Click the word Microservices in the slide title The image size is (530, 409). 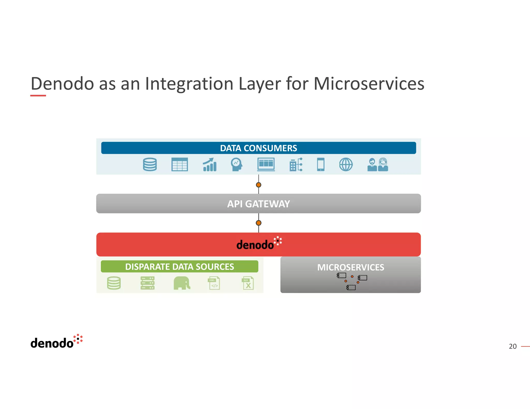(369, 84)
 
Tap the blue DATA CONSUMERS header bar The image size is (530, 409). (258, 148)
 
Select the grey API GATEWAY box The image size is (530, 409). (258, 204)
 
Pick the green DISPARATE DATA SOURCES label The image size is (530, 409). (179, 267)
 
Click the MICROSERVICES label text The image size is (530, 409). (350, 267)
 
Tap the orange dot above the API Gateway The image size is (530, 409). (258, 185)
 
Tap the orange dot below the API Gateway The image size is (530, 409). (258, 223)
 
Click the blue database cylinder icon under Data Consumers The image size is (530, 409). (150, 164)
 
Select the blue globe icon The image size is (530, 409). (346, 164)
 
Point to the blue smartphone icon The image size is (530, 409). (321, 164)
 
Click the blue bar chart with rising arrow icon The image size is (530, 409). (210, 165)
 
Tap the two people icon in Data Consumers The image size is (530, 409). (378, 165)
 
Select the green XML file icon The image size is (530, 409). (214, 283)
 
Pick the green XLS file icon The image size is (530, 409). (248, 283)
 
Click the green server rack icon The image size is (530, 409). (148, 283)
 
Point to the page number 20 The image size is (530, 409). (512, 346)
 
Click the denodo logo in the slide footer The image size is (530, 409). (56, 342)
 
